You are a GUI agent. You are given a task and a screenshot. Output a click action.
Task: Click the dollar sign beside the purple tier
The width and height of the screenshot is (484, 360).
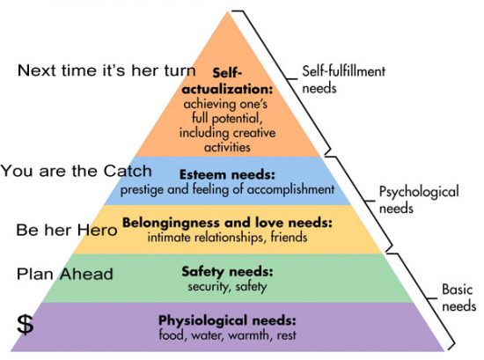(25, 324)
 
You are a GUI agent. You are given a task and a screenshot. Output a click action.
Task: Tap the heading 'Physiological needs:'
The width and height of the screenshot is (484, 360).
(227, 320)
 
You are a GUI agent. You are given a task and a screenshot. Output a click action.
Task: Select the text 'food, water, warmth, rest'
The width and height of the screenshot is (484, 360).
(227, 334)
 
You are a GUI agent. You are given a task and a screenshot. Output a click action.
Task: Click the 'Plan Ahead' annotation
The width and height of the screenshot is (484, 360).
(65, 274)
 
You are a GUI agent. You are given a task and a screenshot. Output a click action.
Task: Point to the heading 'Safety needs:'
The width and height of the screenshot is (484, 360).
(228, 272)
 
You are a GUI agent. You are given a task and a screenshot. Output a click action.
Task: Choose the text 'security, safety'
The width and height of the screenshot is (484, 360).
(227, 287)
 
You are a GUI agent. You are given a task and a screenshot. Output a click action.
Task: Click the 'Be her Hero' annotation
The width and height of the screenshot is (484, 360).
(67, 230)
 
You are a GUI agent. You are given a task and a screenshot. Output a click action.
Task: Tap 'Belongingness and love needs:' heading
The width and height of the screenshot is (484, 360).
(228, 223)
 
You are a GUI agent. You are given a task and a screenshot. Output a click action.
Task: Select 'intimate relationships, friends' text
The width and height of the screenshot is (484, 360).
(227, 237)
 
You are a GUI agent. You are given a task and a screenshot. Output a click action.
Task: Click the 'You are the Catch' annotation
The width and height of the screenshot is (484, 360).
(77, 171)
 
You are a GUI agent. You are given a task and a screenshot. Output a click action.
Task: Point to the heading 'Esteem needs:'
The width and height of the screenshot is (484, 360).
(227, 175)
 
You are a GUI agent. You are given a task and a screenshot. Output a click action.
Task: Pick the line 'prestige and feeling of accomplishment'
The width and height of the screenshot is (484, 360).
(227, 189)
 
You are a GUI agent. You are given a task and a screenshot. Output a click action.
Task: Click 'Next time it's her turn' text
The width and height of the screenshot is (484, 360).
(106, 70)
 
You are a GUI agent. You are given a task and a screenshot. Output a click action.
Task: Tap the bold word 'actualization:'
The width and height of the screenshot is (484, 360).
(228, 89)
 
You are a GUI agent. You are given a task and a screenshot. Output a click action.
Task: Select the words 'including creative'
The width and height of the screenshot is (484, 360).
(228, 133)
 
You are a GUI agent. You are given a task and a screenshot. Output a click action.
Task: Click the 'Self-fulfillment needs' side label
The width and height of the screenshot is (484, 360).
(343, 79)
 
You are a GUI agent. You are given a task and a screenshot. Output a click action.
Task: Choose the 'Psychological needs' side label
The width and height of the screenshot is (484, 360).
(419, 200)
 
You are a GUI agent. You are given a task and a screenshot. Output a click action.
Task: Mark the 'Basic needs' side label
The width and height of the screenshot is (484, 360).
(459, 298)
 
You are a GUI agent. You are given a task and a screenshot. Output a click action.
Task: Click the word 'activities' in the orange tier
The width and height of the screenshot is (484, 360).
(227, 147)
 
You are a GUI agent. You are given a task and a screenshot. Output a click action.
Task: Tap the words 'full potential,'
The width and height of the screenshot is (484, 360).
(227, 118)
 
